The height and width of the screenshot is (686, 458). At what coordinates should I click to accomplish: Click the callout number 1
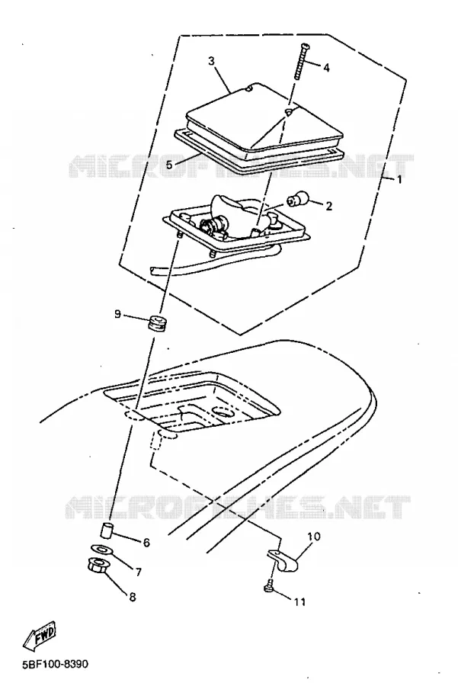pyautogui.click(x=399, y=180)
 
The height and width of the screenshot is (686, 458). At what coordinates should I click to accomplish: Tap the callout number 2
pyautogui.click(x=328, y=206)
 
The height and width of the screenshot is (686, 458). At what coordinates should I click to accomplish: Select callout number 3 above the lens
pyautogui.click(x=212, y=61)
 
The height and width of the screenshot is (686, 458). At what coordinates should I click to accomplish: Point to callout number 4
pyautogui.click(x=326, y=68)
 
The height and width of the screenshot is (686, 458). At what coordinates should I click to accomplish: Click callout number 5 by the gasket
pyautogui.click(x=169, y=165)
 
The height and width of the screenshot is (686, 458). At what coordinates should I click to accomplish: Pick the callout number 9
pyautogui.click(x=117, y=314)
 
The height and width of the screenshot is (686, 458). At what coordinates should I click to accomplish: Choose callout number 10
pyautogui.click(x=314, y=537)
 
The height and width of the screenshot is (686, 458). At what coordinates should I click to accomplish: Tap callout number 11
pyautogui.click(x=299, y=602)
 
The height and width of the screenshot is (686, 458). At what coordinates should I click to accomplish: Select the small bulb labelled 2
pyautogui.click(x=296, y=200)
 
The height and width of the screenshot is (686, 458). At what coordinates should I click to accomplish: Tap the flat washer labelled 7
pyautogui.click(x=101, y=548)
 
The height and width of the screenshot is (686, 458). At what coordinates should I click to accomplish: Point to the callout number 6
pyautogui.click(x=146, y=543)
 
